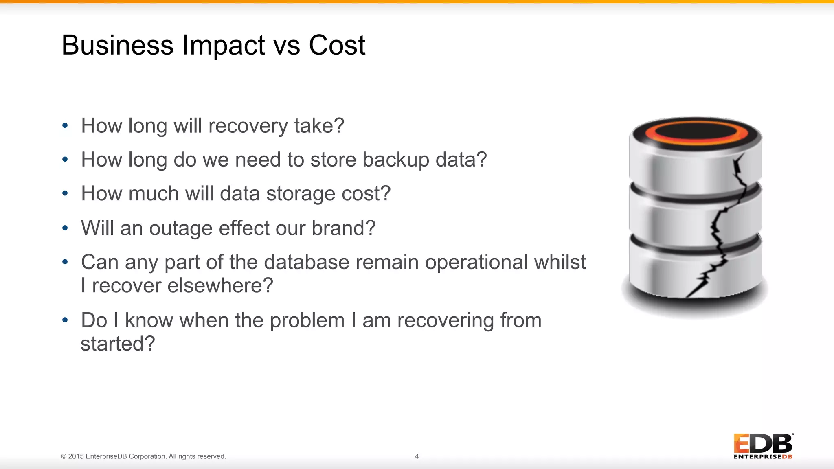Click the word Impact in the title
(x=224, y=46)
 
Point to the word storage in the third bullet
(x=301, y=194)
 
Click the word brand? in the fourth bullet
(x=343, y=228)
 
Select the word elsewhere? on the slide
(x=220, y=285)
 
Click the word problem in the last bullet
(x=307, y=320)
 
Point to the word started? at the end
(x=118, y=344)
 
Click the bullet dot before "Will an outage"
(x=65, y=228)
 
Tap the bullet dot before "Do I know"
(x=65, y=320)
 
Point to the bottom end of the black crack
(x=688, y=296)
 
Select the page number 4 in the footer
(x=417, y=456)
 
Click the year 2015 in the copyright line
(x=76, y=456)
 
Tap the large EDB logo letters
(x=763, y=444)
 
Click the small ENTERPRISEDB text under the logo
(x=763, y=457)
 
